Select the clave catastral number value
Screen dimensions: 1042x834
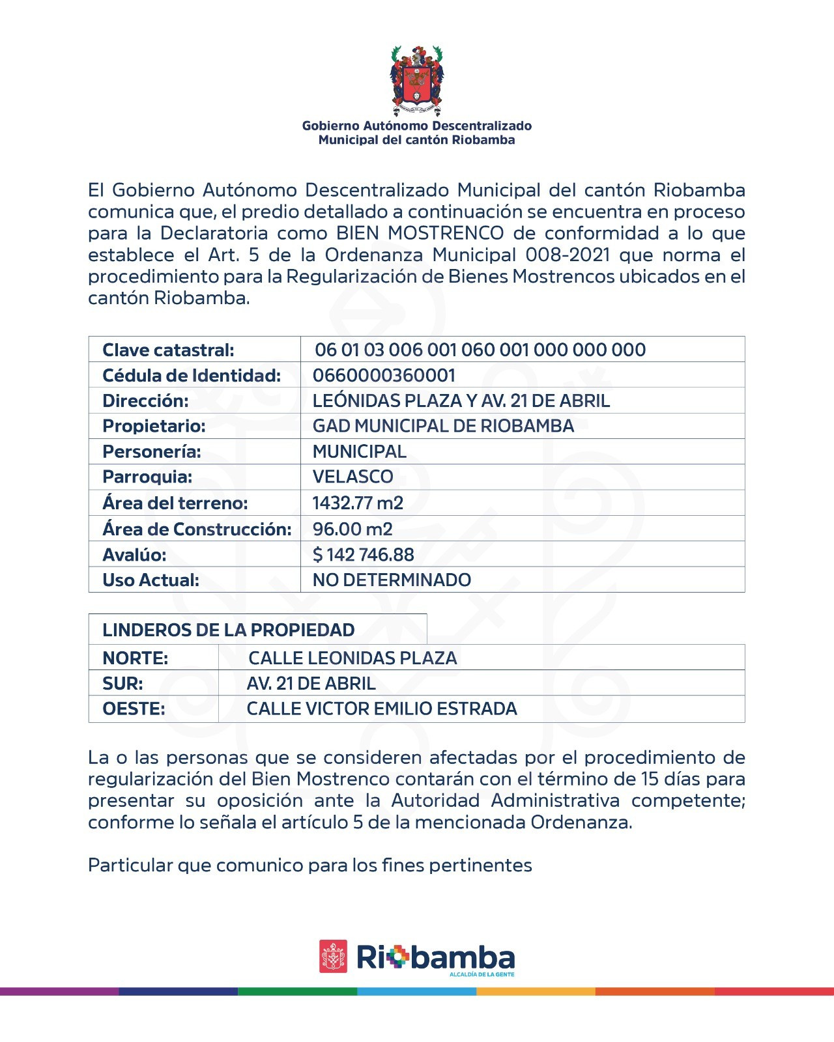480,350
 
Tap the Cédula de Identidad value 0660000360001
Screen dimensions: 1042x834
384,375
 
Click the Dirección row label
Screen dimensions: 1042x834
145,401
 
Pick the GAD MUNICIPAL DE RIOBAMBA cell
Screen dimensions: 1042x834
443,426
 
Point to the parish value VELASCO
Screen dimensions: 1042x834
352,477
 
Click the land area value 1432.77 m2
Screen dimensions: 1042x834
358,503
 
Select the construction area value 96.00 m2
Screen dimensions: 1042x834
352,529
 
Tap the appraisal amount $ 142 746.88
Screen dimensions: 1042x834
363,555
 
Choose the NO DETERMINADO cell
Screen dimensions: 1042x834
392,580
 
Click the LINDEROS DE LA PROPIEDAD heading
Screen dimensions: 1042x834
229,630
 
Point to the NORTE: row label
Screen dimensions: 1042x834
135,658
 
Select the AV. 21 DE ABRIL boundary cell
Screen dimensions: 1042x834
311,683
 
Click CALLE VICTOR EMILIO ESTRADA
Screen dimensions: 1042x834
382,709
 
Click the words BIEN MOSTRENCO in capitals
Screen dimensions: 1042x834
420,233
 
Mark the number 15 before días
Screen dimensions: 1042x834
650,779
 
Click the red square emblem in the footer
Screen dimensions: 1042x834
333,956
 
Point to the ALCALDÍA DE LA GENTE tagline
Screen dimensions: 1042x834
482,974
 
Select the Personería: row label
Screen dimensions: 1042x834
152,451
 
